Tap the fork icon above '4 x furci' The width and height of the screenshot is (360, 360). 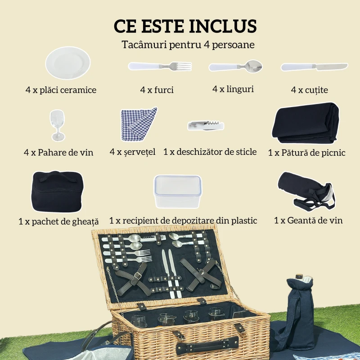point(160,66)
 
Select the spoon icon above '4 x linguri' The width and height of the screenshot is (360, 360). point(235,67)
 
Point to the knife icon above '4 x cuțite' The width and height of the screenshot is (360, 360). point(314,67)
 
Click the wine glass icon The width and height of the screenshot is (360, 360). point(57,126)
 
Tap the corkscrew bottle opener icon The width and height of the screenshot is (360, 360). point(206,125)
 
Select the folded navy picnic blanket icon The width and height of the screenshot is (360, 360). point(306,122)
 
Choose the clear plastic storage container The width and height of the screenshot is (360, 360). point(177,191)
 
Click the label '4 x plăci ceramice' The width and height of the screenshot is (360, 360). point(61,90)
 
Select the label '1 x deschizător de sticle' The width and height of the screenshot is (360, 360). point(210,152)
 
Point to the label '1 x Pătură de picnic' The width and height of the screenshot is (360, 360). point(306,153)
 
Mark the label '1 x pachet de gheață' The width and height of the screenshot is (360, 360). point(59,221)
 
